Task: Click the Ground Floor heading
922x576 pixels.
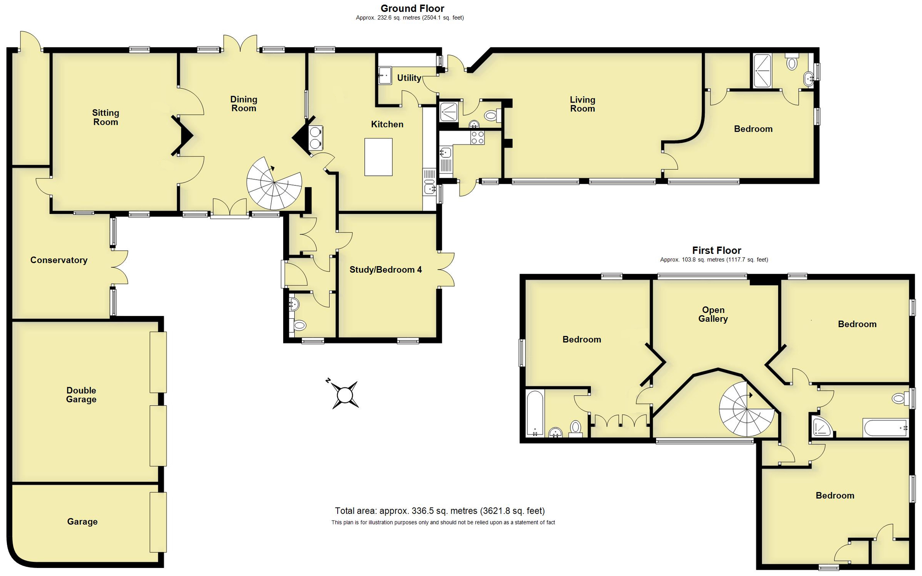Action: pos(412,8)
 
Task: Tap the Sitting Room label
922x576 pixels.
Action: pos(106,118)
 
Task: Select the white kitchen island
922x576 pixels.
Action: pos(378,157)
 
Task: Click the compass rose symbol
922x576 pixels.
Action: pos(345,394)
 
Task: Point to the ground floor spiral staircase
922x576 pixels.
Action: pos(274,184)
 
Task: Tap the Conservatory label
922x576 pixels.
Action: pos(59,260)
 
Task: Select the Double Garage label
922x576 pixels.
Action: pos(81,395)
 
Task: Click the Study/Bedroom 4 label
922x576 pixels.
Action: pos(385,270)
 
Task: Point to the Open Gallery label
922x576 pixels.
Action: pos(713,314)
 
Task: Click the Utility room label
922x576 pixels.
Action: pos(409,78)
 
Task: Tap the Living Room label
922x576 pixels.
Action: pos(582,104)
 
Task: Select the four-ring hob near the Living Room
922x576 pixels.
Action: pos(478,138)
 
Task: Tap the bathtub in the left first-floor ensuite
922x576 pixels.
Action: pos(534,413)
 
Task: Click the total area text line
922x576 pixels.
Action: pos(439,511)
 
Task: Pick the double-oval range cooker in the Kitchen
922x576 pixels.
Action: pos(315,138)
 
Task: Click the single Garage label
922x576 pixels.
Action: pos(82,522)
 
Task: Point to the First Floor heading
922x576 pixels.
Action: pos(716,251)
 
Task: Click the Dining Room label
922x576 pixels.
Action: pos(244,104)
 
